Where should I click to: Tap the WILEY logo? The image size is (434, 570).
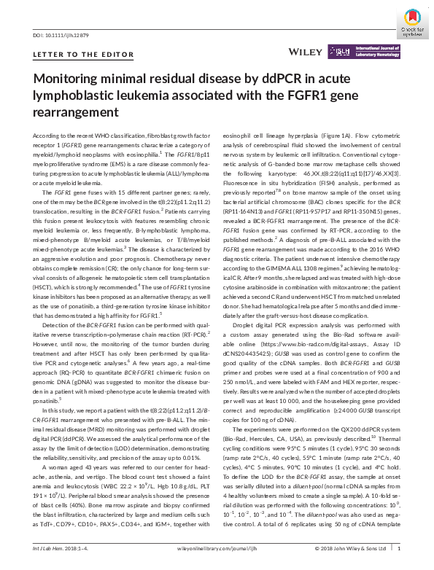[307, 52]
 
